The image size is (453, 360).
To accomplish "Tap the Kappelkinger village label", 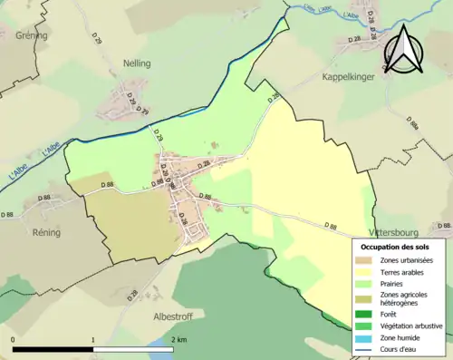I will [x=348, y=78].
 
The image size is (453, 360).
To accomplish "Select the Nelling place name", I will [x=137, y=63].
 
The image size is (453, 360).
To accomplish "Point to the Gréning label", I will [x=30, y=35].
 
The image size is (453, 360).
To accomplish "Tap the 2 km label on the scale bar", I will [x=179, y=339].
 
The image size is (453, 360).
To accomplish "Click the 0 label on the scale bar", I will [x=13, y=339].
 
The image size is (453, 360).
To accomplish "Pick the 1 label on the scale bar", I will [x=93, y=339].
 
